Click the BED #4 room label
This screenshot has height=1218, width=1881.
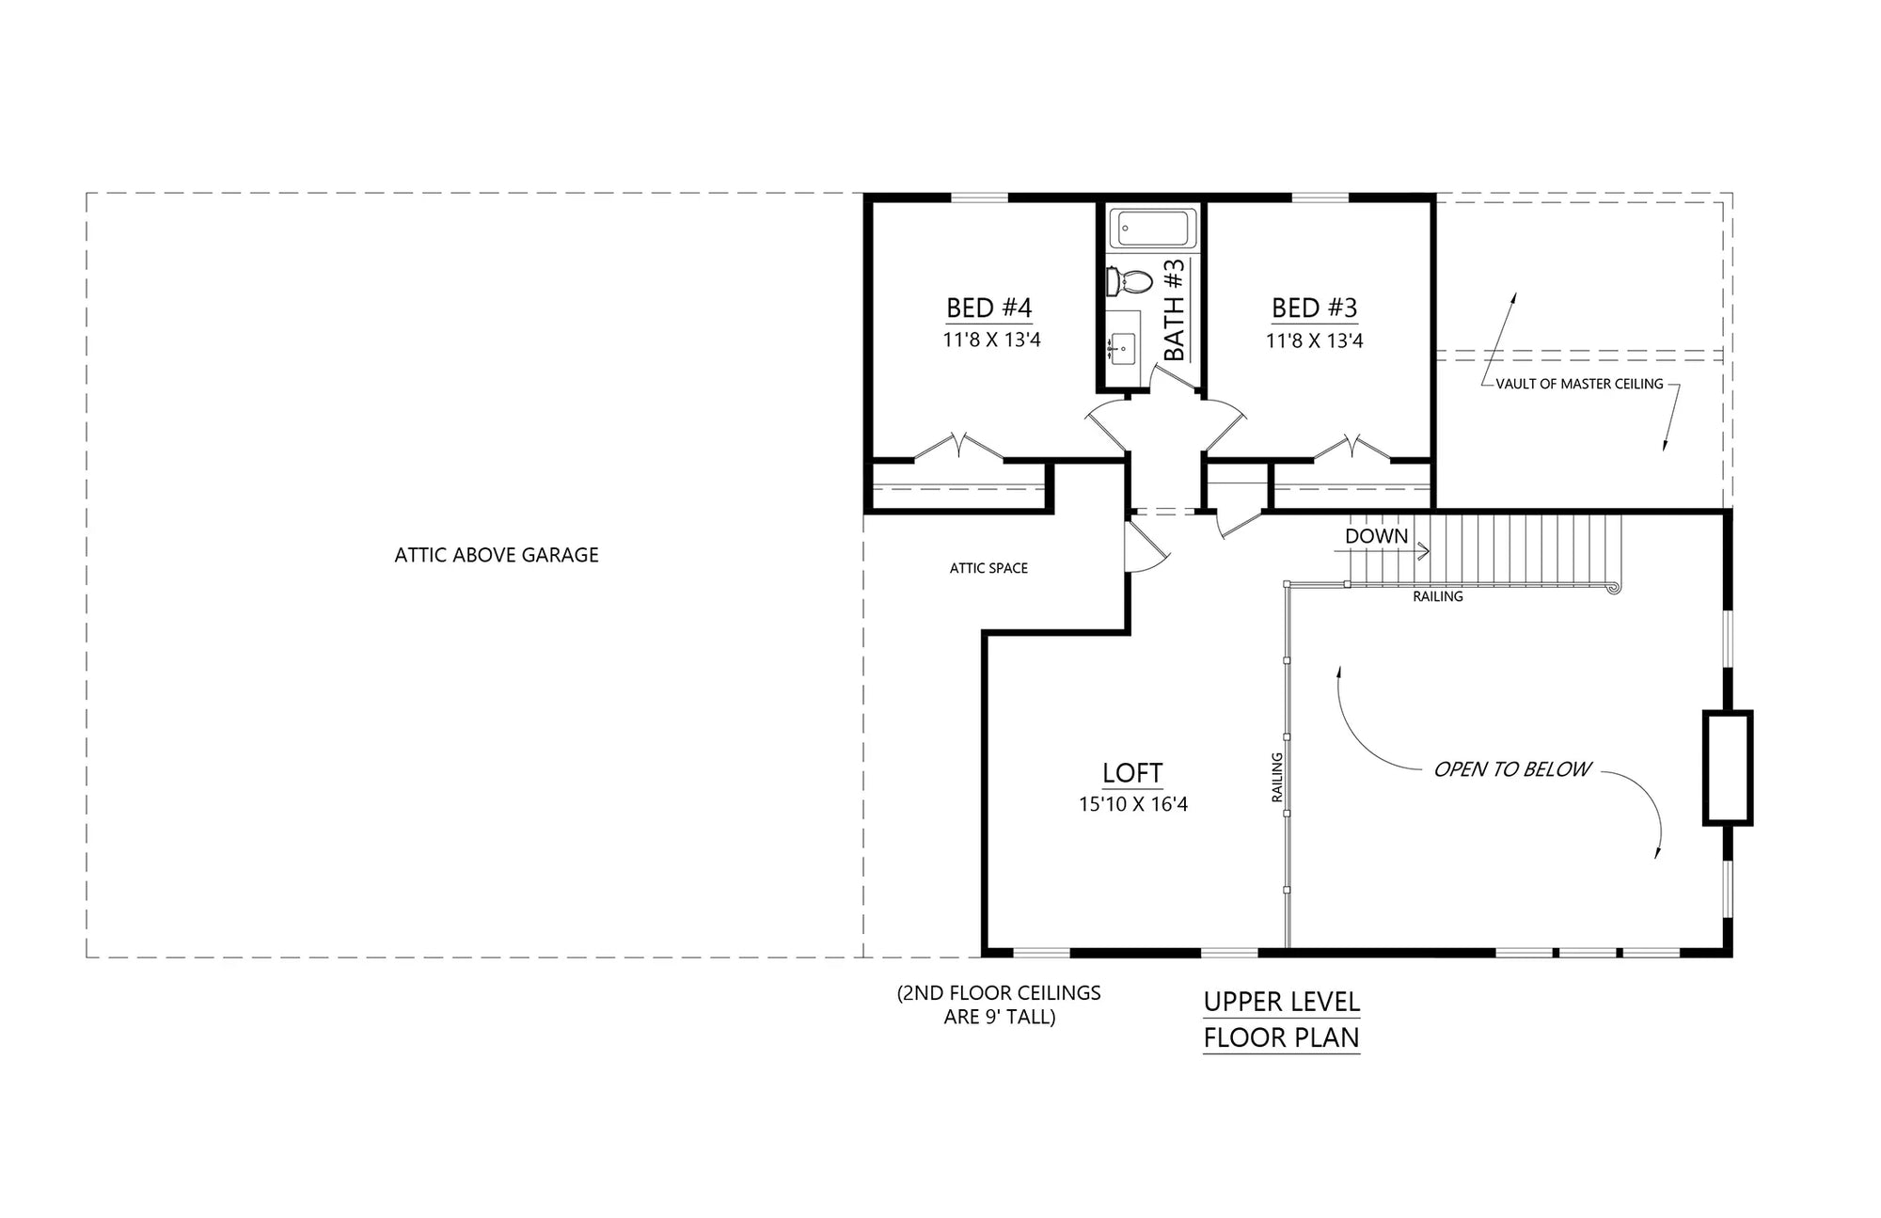tap(988, 308)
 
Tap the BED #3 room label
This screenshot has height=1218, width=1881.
tap(1314, 308)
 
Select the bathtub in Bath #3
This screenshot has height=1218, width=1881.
tap(1153, 229)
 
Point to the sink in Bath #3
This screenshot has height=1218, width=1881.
tap(1122, 348)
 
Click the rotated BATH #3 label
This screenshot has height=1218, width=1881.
tap(1175, 310)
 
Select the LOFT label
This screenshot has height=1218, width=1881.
tap(1132, 773)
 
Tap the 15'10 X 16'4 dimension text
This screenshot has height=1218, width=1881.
tap(1132, 804)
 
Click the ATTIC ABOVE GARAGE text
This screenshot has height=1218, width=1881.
tap(496, 555)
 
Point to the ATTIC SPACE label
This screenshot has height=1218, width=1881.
tap(988, 568)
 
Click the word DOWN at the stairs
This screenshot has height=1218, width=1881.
tap(1376, 536)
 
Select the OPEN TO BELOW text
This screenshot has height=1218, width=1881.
tap(1511, 769)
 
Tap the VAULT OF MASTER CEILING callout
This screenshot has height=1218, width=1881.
tap(1579, 384)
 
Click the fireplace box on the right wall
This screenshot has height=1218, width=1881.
tap(1727, 768)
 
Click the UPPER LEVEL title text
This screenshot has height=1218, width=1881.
tap(1281, 1002)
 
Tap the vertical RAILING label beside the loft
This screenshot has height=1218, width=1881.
tap(1277, 777)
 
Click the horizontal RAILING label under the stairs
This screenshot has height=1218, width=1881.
tap(1437, 596)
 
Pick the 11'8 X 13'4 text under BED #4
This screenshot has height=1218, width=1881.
tap(991, 340)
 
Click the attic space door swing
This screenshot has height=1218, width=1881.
tap(1146, 550)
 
